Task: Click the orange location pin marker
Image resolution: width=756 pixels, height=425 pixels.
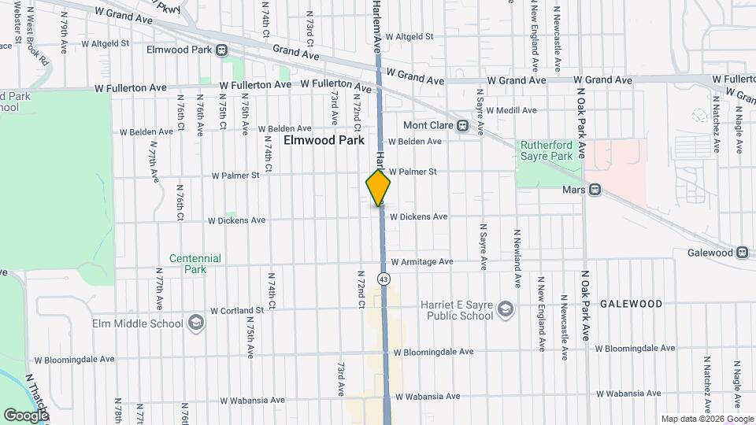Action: (x=378, y=188)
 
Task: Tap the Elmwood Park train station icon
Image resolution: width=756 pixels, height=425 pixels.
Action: (x=222, y=50)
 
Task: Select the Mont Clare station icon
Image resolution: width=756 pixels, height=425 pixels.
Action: (x=463, y=125)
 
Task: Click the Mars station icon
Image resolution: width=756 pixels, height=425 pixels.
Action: (x=595, y=190)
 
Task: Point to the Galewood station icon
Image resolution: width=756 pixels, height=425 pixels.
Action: (x=742, y=253)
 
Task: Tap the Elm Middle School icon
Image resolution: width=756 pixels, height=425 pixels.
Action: (x=195, y=322)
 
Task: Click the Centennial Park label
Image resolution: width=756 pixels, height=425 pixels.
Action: (x=195, y=263)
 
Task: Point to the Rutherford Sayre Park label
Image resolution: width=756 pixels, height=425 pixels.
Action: (x=544, y=150)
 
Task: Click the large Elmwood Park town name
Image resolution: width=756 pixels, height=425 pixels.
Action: (x=324, y=141)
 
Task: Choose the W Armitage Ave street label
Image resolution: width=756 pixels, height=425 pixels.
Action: (x=422, y=261)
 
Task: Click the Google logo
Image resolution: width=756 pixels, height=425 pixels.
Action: (x=26, y=415)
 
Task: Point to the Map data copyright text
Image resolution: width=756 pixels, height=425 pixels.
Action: (x=706, y=419)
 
